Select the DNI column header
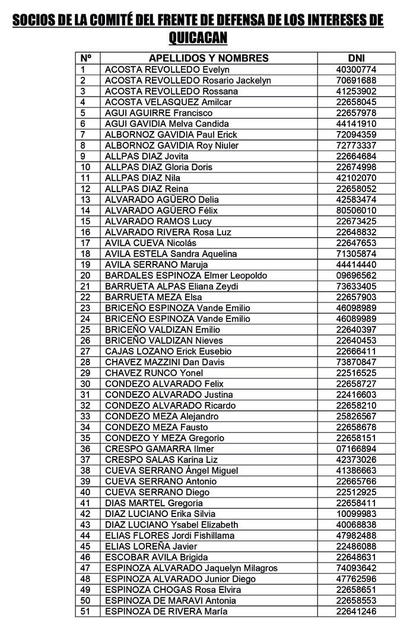pyautogui.click(x=356, y=58)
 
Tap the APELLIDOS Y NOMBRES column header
pyautogui.click(x=208, y=58)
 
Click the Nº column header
pyautogui.click(x=86, y=58)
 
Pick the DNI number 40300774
pyautogui.click(x=356, y=69)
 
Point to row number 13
pyautogui.click(x=85, y=199)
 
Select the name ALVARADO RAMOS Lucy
pyautogui.click(x=158, y=221)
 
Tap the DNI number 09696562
pyautogui.click(x=356, y=275)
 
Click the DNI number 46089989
pyautogui.click(x=356, y=318)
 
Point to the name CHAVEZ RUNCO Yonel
pyautogui.click(x=150, y=373)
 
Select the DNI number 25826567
pyautogui.click(x=356, y=416)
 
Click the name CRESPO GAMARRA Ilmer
pyautogui.click(x=159, y=449)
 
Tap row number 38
pyautogui.click(x=85, y=470)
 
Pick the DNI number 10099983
pyautogui.click(x=356, y=513)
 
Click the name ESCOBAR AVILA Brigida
pyautogui.click(x=156, y=557)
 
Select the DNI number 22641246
pyautogui.click(x=356, y=611)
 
